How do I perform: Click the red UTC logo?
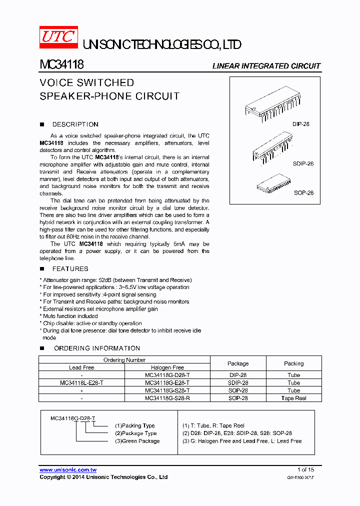[58, 37]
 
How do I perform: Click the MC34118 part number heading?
[61, 65]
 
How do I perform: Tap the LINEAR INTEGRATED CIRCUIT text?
[266, 66]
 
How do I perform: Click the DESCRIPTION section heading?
[75, 124]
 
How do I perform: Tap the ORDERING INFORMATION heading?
[96, 348]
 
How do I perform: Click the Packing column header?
[293, 363]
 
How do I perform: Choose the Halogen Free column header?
[167, 367]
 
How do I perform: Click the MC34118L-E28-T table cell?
[81, 382]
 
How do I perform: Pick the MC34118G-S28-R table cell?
[167, 398]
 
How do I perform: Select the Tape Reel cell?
[293, 398]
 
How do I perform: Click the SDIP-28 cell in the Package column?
[238, 382]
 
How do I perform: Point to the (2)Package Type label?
[135, 433]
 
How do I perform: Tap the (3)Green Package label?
[137, 441]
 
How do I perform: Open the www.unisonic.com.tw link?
[68, 470]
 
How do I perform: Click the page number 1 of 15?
[305, 469]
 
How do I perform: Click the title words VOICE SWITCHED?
[87, 83]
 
